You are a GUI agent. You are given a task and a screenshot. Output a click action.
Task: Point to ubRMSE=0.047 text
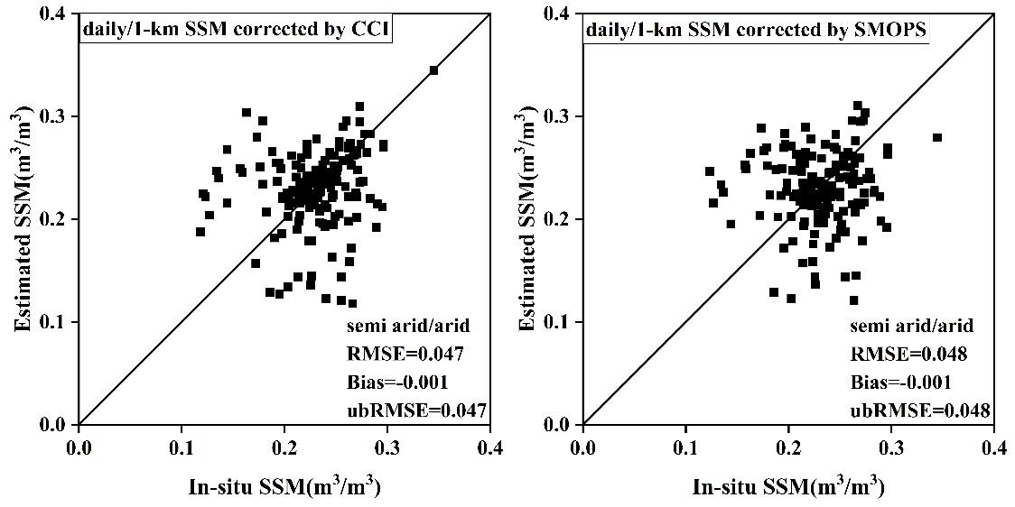click(416, 410)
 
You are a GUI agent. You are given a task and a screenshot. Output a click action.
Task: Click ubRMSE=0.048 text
click(919, 410)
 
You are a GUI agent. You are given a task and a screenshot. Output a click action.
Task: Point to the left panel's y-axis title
click(26, 219)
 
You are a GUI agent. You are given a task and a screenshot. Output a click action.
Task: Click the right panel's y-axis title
click(530, 219)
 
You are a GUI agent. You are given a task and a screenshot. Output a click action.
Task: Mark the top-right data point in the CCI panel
click(433, 69)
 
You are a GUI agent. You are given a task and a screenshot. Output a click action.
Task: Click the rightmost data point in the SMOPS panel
click(937, 137)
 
